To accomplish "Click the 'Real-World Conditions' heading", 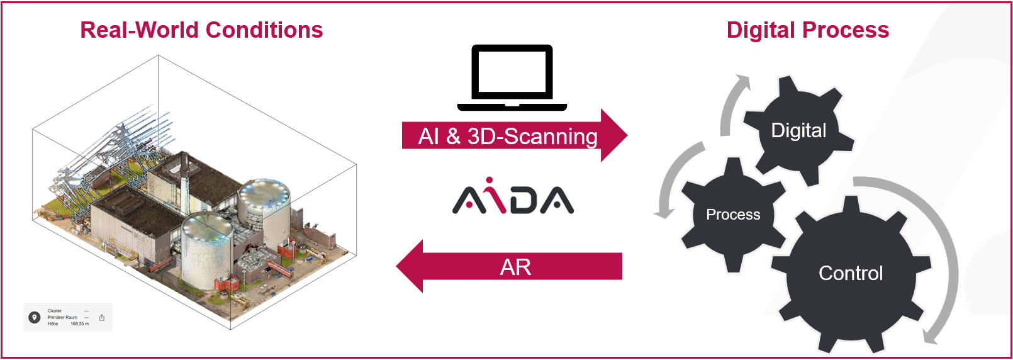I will click(x=201, y=30).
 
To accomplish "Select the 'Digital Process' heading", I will click(x=807, y=30).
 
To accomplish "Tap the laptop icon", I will click(x=512, y=77).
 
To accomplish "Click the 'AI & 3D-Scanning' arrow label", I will click(x=508, y=137).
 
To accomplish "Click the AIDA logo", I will click(x=513, y=198).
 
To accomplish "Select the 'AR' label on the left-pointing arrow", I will click(x=515, y=267).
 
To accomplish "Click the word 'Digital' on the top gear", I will click(x=798, y=130).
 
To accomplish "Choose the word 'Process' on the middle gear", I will click(x=733, y=215).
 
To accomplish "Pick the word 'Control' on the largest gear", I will click(x=851, y=273).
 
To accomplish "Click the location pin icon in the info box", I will click(x=35, y=317).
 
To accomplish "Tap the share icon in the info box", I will click(x=102, y=317).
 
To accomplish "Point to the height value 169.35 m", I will click(x=79, y=323).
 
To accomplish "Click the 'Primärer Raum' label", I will click(x=62, y=317).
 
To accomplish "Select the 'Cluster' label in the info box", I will click(x=55, y=311).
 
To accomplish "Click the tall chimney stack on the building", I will click(x=185, y=173).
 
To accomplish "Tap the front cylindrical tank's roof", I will click(x=206, y=227).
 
